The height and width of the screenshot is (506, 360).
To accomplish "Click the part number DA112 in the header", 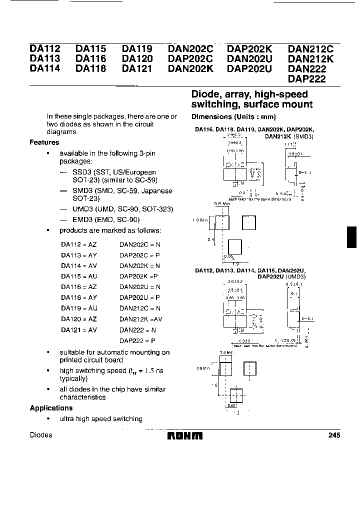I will pyautogui.click(x=45, y=49).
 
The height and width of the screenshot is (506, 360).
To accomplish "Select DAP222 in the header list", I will pyautogui.click(x=306, y=79).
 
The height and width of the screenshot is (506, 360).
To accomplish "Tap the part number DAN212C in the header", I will pyautogui.click(x=310, y=49).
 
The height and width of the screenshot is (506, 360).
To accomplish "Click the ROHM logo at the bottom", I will pyautogui.click(x=184, y=435).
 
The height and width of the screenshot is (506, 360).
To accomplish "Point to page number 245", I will pyautogui.click(x=334, y=435).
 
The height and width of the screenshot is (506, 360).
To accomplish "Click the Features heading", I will pyautogui.click(x=44, y=142).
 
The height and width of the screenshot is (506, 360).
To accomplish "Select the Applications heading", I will pyautogui.click(x=51, y=408).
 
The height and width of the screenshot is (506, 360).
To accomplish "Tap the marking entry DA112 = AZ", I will pyautogui.click(x=79, y=244).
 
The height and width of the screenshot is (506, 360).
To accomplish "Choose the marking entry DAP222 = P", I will pyautogui.click(x=138, y=340).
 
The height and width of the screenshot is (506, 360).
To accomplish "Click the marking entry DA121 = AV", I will pyautogui.click(x=79, y=330).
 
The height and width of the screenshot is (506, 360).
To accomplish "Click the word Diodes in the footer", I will pyautogui.click(x=41, y=435).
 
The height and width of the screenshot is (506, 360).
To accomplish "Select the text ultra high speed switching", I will pyautogui.click(x=101, y=419).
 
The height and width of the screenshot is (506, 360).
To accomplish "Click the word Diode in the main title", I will pyautogui.click(x=206, y=94).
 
